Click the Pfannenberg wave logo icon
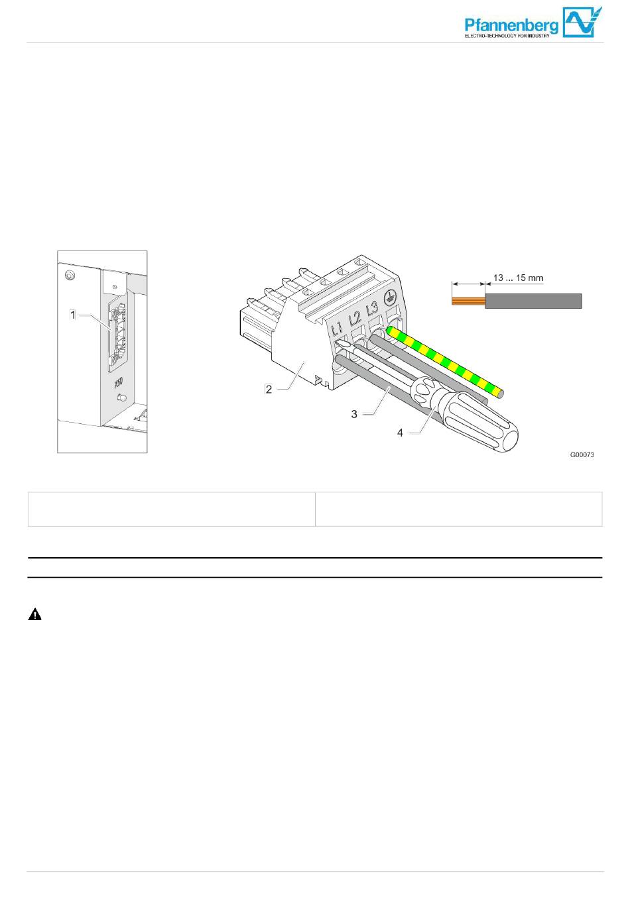(582, 23)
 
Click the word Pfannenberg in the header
(511, 25)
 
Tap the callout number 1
(73, 315)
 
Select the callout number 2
(269, 389)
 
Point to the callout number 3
(354, 414)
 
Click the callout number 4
(400, 433)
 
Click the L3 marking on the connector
(372, 309)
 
